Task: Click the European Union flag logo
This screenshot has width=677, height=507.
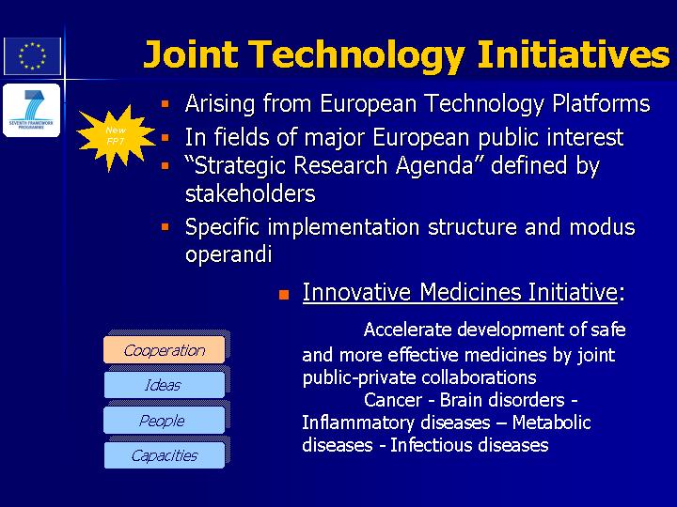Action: tap(32, 56)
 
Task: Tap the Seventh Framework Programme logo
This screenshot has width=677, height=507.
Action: tap(32, 111)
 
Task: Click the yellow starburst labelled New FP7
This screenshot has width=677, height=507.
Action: tap(116, 137)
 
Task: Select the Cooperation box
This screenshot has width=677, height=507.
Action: tap(164, 349)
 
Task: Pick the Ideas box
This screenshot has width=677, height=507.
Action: tap(164, 385)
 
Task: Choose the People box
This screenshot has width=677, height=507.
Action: tap(164, 420)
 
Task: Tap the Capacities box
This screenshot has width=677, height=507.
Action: tap(164, 455)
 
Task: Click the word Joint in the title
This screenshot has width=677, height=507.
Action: tap(191, 54)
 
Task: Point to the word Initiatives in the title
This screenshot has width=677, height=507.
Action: tap(574, 54)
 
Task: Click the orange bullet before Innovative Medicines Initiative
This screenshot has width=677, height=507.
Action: tap(284, 295)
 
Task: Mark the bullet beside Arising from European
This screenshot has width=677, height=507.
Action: tap(165, 104)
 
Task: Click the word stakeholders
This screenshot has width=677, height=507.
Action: tap(250, 193)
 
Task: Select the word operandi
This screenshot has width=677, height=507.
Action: tap(228, 253)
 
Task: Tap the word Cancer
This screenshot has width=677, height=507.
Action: tap(392, 400)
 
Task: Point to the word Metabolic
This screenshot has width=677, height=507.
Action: tap(551, 422)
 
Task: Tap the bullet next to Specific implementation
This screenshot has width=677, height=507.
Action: tap(165, 227)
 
